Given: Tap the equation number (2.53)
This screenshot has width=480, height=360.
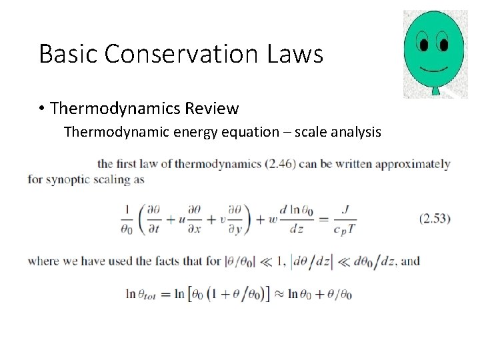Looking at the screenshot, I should tap(435, 218).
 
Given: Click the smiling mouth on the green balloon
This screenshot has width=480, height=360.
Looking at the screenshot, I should tap(433, 69).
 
